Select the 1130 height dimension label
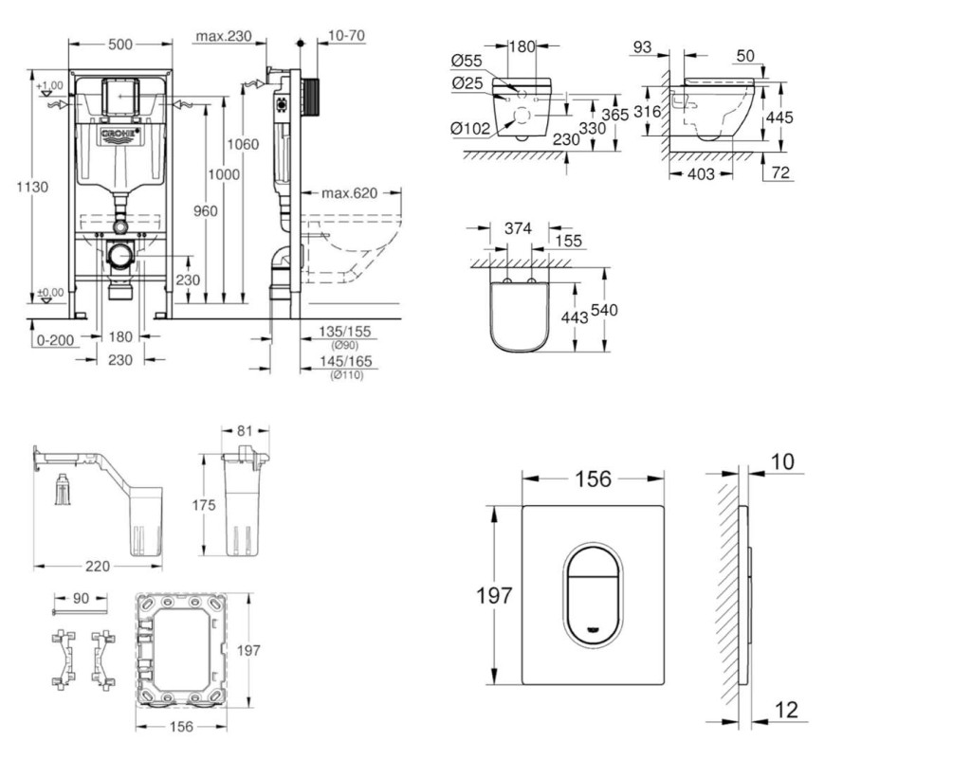pos(32,188)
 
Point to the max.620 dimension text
pos(349,193)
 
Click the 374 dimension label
pos(519,227)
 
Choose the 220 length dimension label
pos(98,566)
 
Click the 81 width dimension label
pos(245,432)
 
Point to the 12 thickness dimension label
pos(786,711)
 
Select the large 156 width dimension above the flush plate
pos(594,479)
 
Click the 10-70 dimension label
pos(347,36)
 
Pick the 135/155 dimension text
pos(344,331)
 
